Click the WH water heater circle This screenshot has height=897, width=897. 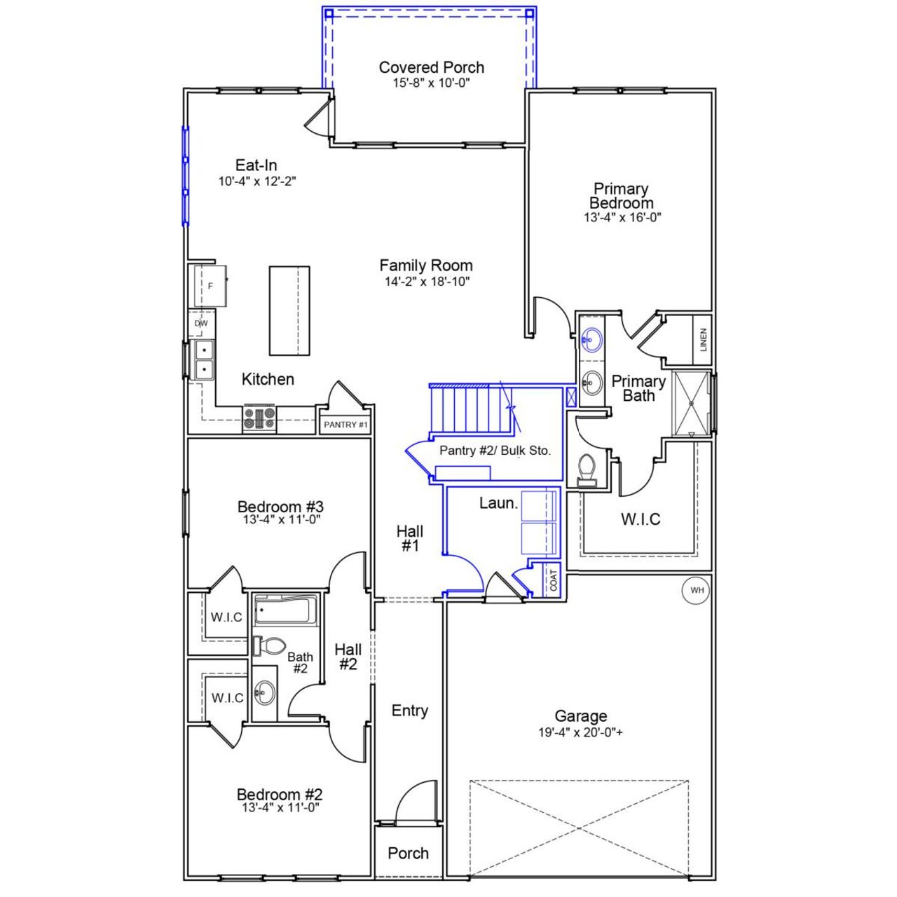[697, 590]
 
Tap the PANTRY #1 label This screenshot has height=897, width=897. [345, 425]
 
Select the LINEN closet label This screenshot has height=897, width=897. [704, 340]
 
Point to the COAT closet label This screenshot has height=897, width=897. [554, 580]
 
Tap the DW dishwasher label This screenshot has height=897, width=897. [201, 324]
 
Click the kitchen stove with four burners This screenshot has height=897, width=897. [259, 418]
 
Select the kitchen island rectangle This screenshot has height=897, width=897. [289, 310]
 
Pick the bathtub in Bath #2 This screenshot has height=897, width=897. [285, 611]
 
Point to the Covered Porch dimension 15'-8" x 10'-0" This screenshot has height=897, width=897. [431, 82]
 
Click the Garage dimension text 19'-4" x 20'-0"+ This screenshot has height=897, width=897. [580, 733]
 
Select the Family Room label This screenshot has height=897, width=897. [426, 266]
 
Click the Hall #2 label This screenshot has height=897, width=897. [348, 657]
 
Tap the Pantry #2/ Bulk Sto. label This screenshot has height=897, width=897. [495, 451]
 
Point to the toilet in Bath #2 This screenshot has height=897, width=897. [271, 645]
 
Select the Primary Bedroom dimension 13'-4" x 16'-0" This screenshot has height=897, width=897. [622, 217]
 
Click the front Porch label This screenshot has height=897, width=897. [408, 853]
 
